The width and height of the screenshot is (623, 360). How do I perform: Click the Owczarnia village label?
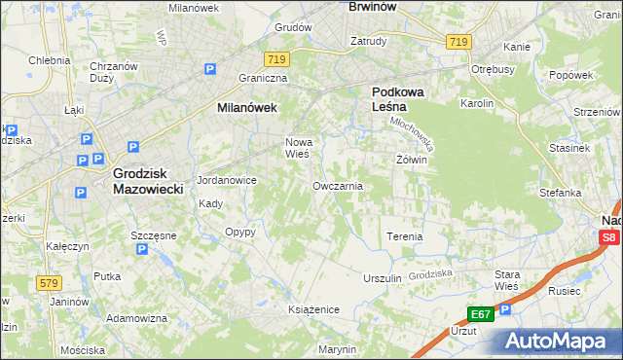338,186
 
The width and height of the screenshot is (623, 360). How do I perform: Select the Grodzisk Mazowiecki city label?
148,181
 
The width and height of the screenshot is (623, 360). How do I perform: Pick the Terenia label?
404,236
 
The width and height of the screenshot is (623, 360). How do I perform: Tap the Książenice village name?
312,308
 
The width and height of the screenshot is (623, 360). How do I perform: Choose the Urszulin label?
382,278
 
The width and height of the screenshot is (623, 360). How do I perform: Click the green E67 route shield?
482,314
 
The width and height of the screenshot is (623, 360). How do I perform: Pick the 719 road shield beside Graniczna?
275,60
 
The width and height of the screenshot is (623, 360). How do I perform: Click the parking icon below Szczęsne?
142,249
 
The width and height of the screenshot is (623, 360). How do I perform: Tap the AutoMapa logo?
562,341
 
